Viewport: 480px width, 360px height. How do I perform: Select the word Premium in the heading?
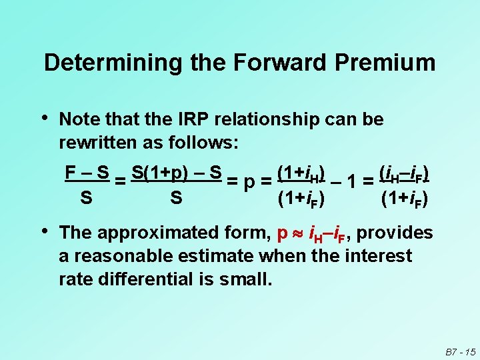[x=386, y=63]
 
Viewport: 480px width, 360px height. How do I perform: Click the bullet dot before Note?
[x=45, y=119]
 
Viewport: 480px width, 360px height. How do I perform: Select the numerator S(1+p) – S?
[x=177, y=173]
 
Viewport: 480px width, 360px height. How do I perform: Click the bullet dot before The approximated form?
[x=45, y=232]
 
